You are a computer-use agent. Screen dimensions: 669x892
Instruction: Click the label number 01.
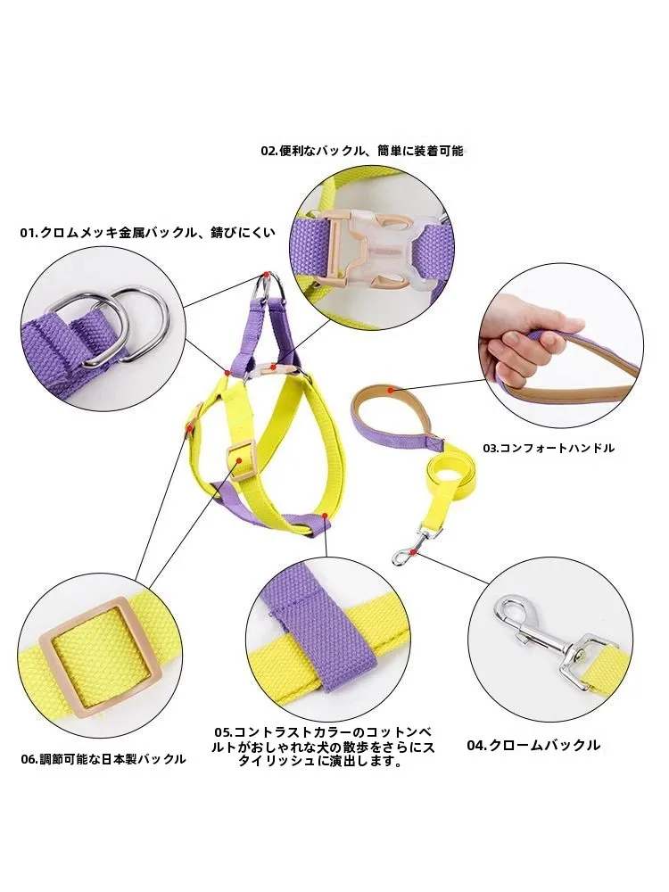coord(28,232)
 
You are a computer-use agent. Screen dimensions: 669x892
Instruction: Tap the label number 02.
coord(268,151)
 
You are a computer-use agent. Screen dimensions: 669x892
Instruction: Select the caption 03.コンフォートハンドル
coord(549,449)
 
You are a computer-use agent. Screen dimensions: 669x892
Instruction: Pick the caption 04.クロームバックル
coord(533,745)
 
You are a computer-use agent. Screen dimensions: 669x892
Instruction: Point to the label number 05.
coord(223,731)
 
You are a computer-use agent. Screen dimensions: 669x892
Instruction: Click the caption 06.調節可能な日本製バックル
coord(103,759)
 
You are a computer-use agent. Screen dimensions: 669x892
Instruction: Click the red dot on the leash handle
coord(391,391)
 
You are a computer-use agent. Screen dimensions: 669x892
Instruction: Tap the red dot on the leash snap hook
coord(416,550)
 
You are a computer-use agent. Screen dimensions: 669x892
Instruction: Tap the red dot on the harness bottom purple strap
coord(325,516)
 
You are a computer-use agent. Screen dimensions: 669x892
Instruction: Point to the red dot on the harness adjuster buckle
coord(238,459)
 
